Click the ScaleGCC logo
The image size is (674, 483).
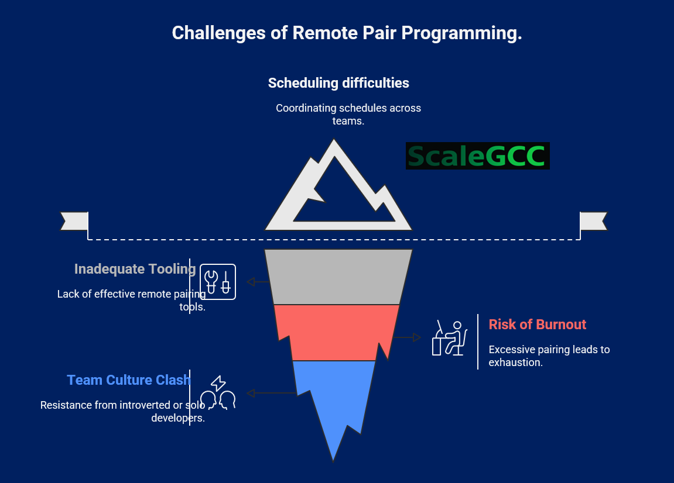pos(478,156)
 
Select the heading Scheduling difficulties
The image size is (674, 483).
pos(338,83)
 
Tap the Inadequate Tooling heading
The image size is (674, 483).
pos(135,269)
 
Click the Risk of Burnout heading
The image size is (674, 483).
pos(538,325)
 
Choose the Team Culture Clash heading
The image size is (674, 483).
pos(128,380)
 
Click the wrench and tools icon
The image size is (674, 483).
pos(218,282)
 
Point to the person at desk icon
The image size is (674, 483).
pos(450,338)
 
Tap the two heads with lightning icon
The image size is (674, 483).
pos(218,393)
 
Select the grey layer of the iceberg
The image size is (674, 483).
pos(338,277)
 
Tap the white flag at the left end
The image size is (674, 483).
pos(74,221)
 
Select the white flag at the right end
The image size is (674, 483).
pos(594,221)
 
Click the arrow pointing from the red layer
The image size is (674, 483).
pos(406,337)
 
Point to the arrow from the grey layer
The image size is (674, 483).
pos(258,282)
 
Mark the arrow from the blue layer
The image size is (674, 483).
pos(272,393)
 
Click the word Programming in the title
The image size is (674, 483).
pos(461,33)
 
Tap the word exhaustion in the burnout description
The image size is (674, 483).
pos(516,363)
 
